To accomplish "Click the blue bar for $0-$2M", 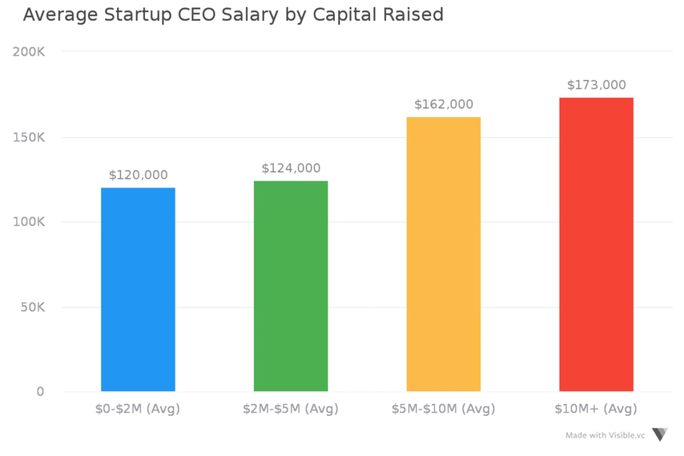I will pyautogui.click(x=138, y=288).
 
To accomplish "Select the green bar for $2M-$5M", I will pyautogui.click(x=292, y=285).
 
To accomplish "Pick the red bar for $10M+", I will pyautogui.click(x=596, y=243).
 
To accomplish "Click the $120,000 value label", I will pyautogui.click(x=138, y=175).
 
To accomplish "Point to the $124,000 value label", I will pyautogui.click(x=291, y=168).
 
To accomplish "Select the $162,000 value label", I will pyautogui.click(x=444, y=104).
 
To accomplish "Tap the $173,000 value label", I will pyautogui.click(x=596, y=85).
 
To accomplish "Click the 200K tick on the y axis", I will pyautogui.click(x=28, y=52).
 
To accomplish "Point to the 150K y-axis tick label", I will pyautogui.click(x=28, y=138).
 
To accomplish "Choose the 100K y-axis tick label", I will pyautogui.click(x=28, y=222).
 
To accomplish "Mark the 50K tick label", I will pyautogui.click(x=32, y=307).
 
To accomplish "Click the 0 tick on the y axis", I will pyautogui.click(x=40, y=391).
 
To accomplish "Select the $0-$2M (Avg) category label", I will pyautogui.click(x=138, y=409).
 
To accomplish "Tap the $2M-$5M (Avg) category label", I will pyautogui.click(x=291, y=409).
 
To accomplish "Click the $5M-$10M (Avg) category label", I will pyautogui.click(x=443, y=409).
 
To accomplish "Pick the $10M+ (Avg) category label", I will pyautogui.click(x=596, y=409).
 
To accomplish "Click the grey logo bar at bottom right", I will pyautogui.click(x=605, y=436).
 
